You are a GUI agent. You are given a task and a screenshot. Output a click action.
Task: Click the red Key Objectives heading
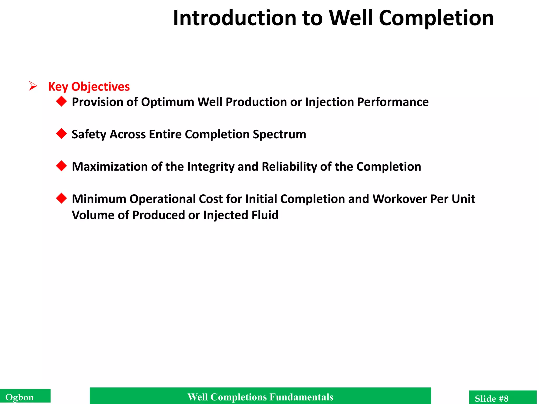[x=89, y=87]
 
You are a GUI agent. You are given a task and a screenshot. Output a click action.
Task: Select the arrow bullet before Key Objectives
[x=33, y=86]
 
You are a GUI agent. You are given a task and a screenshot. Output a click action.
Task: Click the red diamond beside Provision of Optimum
[x=61, y=101]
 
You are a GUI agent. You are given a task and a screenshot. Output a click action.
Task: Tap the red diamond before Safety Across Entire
[x=61, y=134]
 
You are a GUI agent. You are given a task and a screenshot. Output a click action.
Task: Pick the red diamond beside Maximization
[x=61, y=166]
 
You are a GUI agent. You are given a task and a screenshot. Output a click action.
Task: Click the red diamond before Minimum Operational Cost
[x=61, y=198]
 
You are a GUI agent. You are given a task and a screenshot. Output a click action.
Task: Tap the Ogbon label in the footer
[x=20, y=397]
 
